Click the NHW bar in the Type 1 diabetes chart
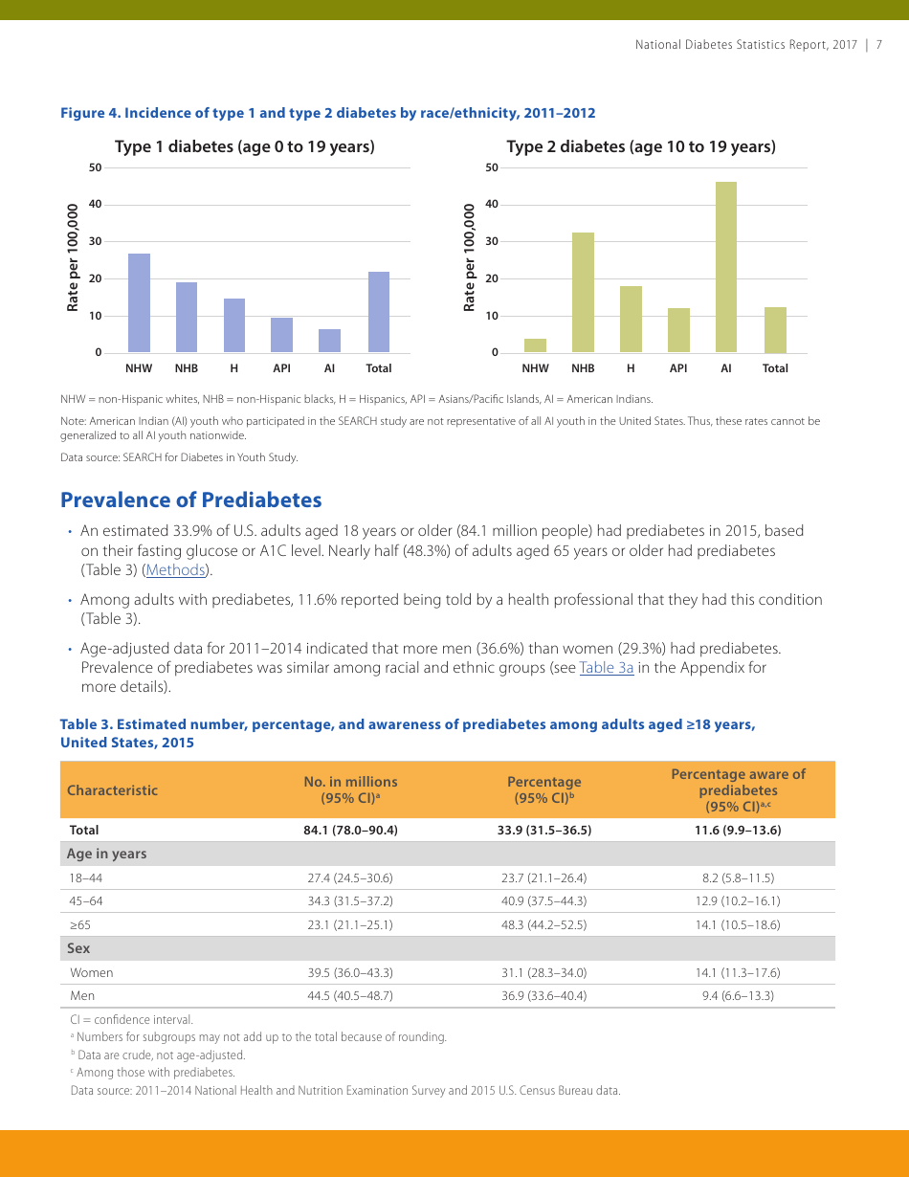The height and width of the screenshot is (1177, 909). pyautogui.click(x=139, y=303)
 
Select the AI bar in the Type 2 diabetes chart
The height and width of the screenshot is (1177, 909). pyautogui.click(x=726, y=268)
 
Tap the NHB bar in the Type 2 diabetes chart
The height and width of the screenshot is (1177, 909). pyautogui.click(x=583, y=293)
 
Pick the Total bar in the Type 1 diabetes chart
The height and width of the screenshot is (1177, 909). pyautogui.click(x=379, y=312)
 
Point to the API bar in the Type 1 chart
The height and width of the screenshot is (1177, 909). pyautogui.click(x=281, y=335)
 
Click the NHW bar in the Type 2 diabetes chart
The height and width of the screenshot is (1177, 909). pyautogui.click(x=535, y=345)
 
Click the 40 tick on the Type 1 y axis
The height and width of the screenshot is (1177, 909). pyautogui.click(x=95, y=205)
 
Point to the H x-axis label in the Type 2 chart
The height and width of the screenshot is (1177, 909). pyautogui.click(x=631, y=368)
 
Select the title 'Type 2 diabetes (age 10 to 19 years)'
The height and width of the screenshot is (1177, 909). pyautogui.click(x=641, y=146)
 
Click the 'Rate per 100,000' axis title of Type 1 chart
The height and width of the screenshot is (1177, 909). pyautogui.click(x=73, y=257)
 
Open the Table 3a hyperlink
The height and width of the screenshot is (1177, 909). pyautogui.click(x=606, y=668)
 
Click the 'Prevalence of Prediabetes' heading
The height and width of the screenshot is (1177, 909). pyautogui.click(x=190, y=500)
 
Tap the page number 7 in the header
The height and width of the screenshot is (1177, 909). pyautogui.click(x=878, y=45)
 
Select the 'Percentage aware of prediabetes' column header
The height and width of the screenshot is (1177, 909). pyautogui.click(x=738, y=790)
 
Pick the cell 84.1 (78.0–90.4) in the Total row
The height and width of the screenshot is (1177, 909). pyautogui.click(x=350, y=831)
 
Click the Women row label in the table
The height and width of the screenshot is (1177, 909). pyautogui.click(x=91, y=973)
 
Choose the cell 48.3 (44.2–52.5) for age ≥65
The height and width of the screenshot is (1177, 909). pyautogui.click(x=543, y=925)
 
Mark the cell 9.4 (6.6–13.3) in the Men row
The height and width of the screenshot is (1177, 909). pyautogui.click(x=737, y=996)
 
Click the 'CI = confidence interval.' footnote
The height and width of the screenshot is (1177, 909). pyautogui.click(x=131, y=1020)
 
